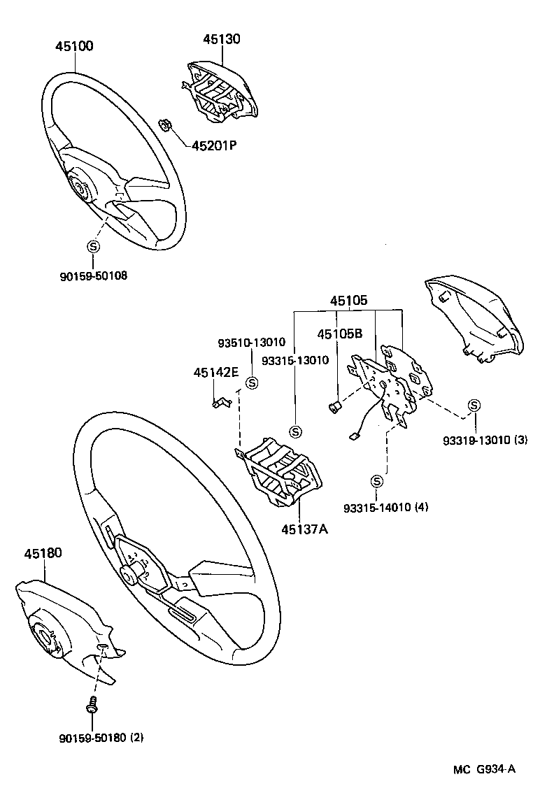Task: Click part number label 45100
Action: (74, 46)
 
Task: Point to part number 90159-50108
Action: (93, 275)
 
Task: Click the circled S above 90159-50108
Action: (93, 246)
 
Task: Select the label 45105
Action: (348, 301)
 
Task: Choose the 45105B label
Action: (340, 334)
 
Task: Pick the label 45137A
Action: (305, 529)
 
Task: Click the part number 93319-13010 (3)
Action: (484, 441)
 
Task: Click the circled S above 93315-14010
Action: (377, 480)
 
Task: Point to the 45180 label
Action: (43, 553)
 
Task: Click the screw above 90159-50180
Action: (92, 705)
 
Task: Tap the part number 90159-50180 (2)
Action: (101, 737)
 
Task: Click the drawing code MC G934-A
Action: (484, 769)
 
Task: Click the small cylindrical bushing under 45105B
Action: (334, 406)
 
